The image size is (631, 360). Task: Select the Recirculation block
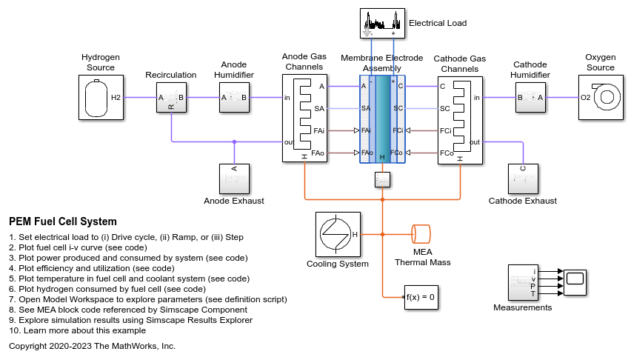[x=170, y=97]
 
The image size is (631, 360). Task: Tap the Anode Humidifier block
[x=234, y=97]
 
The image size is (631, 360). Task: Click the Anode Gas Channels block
[x=304, y=119]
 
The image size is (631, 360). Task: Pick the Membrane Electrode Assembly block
[x=382, y=119]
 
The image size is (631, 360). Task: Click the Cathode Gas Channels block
[x=460, y=119]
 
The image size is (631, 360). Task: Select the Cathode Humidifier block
[x=530, y=97]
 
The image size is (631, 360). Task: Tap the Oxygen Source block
[x=601, y=96]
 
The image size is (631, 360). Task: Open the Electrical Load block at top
[x=384, y=23]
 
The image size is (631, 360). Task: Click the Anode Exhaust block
[x=234, y=179]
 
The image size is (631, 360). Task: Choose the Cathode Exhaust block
[x=523, y=179]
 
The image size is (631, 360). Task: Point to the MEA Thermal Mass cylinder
[x=421, y=234]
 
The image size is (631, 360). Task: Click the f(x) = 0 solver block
[x=419, y=297]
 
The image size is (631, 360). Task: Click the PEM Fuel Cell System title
[x=63, y=221]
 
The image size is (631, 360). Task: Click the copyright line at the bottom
[x=92, y=346]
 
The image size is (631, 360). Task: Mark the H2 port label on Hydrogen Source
[x=116, y=97]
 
